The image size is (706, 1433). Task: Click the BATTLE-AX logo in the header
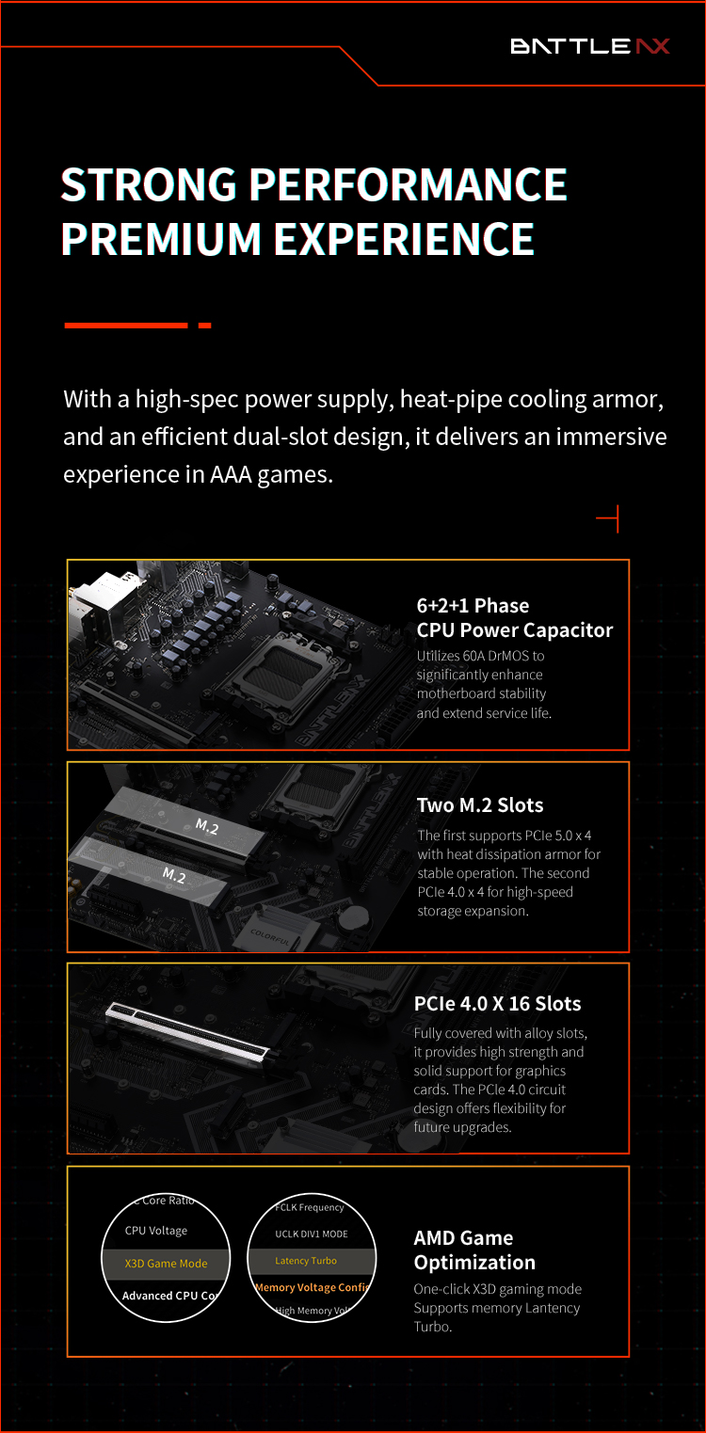[x=589, y=46]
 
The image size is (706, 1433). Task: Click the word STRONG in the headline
[x=149, y=184]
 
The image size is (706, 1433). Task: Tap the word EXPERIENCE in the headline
[x=404, y=239]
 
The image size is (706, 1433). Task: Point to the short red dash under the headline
[x=205, y=326]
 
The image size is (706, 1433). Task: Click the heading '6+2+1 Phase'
[x=473, y=605]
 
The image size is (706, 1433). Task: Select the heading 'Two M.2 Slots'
[x=480, y=804]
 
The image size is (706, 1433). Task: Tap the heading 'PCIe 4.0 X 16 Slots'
[x=497, y=1003]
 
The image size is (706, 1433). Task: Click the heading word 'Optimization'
[x=474, y=1262]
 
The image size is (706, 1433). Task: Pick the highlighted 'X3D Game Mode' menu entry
[x=166, y=1264]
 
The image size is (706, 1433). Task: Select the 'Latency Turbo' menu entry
[x=306, y=1260]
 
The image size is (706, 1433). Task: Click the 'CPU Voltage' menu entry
[x=156, y=1230]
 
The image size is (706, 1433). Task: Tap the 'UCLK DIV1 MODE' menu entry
[x=312, y=1234]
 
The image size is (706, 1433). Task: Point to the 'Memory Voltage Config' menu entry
[x=312, y=1287]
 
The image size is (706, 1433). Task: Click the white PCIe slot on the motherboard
[x=187, y=1030]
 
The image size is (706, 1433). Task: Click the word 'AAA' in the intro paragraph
[x=231, y=474]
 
